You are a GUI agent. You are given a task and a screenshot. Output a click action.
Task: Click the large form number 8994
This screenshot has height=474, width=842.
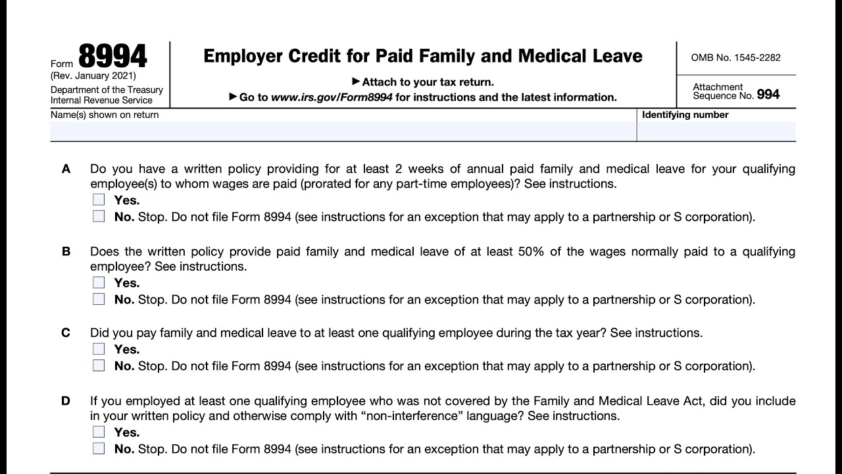pyautogui.click(x=112, y=57)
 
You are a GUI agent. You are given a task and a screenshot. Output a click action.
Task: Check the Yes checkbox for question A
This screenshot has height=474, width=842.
pyautogui.click(x=99, y=199)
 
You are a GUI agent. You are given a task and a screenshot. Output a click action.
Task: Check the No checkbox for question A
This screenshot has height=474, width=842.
pyautogui.click(x=99, y=216)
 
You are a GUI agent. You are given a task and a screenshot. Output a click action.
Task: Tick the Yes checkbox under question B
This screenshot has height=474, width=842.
pyautogui.click(x=99, y=282)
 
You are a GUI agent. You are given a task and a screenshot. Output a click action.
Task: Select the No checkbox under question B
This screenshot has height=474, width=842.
pyautogui.click(x=99, y=299)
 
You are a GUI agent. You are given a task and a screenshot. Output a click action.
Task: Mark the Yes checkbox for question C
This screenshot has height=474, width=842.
pyautogui.click(x=99, y=349)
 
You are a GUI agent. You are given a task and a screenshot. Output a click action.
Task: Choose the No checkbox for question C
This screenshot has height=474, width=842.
pyautogui.click(x=99, y=365)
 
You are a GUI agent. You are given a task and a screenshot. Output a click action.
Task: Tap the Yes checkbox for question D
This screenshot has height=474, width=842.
pyautogui.click(x=99, y=432)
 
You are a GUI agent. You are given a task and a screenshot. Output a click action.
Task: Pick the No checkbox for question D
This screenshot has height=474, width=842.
pyautogui.click(x=99, y=448)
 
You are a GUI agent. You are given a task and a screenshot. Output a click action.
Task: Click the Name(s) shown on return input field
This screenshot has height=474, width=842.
pyautogui.click(x=343, y=131)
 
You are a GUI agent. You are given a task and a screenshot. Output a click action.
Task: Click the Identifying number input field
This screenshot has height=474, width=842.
pyautogui.click(x=716, y=131)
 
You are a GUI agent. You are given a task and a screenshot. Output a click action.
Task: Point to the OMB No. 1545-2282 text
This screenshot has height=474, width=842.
pyautogui.click(x=735, y=57)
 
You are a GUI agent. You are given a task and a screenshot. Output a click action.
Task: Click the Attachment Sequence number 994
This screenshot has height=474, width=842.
pyautogui.click(x=768, y=95)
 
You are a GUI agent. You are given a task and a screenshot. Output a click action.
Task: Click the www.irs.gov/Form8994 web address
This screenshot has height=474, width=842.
pyautogui.click(x=332, y=97)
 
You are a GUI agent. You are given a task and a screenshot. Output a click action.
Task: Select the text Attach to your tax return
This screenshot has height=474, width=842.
pyautogui.click(x=428, y=82)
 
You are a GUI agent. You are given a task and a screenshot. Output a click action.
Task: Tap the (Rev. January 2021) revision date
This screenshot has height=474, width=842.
pyautogui.click(x=93, y=76)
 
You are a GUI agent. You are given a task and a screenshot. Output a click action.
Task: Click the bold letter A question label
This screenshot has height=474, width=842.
pyautogui.click(x=66, y=169)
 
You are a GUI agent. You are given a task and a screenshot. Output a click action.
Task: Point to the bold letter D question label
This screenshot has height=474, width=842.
pyautogui.click(x=66, y=401)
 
